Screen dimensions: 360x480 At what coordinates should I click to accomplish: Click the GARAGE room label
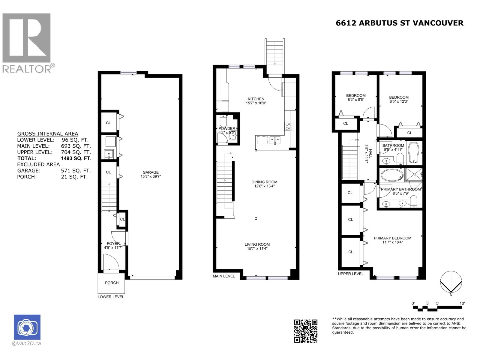tap(150, 172)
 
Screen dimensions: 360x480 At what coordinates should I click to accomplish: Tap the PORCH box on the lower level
tap(112, 283)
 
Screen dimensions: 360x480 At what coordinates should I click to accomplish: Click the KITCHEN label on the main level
tap(256, 99)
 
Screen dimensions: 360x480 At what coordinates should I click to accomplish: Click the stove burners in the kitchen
tap(289, 126)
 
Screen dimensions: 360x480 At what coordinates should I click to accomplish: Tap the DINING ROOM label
tap(264, 182)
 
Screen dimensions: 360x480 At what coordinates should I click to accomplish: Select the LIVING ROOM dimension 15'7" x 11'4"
tap(257, 248)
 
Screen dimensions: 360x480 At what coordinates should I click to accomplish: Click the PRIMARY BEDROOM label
tap(392, 238)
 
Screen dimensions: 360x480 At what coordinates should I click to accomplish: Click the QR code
tap(305, 331)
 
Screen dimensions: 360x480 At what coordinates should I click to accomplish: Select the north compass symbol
tap(451, 282)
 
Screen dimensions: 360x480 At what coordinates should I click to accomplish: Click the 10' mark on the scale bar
tap(462, 303)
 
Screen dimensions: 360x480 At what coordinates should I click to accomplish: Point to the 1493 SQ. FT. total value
tap(76, 158)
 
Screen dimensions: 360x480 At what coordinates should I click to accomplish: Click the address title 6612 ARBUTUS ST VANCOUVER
tap(399, 23)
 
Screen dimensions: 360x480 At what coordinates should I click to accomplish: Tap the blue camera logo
tap(27, 327)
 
